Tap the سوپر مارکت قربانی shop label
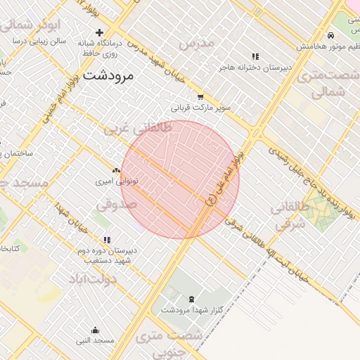[x=200, y=109]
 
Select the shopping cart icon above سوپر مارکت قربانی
[x=200, y=98]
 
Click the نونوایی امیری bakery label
[x=117, y=181]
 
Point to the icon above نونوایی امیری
[x=116, y=170]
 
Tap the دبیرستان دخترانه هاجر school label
[x=254, y=67]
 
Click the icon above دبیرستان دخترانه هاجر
[x=255, y=56]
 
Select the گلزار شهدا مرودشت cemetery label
[x=192, y=309]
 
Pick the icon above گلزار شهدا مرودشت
[x=192, y=299]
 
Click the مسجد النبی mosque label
[x=96, y=340]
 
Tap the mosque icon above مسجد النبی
[x=96, y=330]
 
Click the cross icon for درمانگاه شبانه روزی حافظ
[x=99, y=32]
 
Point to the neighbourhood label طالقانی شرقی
[x=290, y=216]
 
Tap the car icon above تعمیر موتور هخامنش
[x=330, y=35]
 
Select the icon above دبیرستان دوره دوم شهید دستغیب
[x=107, y=240]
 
